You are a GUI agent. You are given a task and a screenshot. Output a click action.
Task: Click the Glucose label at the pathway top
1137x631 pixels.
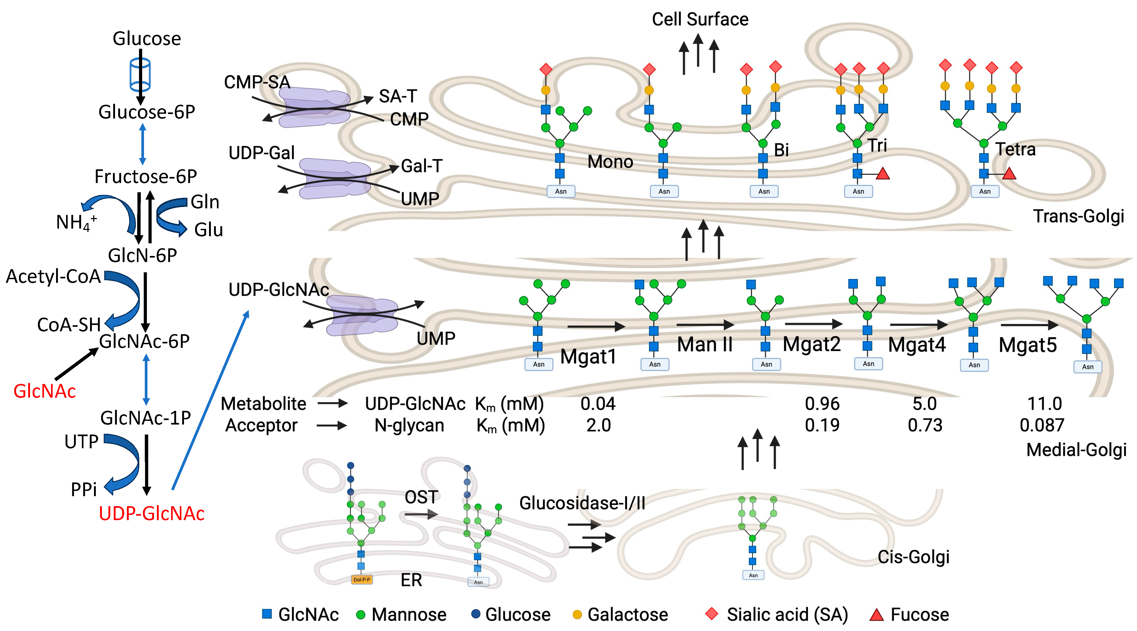(147, 39)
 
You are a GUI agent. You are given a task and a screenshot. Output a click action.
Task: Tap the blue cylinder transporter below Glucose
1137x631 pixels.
(140, 74)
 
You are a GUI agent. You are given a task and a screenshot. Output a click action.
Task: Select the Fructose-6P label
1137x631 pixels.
(146, 177)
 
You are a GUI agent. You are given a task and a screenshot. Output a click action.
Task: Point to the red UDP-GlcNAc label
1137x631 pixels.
(151, 514)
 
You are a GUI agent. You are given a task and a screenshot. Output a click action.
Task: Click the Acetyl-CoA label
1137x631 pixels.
(53, 277)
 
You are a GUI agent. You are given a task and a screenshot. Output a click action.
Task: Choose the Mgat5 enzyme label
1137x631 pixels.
(1027, 345)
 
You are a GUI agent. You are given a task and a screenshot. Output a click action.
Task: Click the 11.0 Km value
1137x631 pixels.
(1044, 404)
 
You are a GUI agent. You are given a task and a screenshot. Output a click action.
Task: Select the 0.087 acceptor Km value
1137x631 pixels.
(1042, 425)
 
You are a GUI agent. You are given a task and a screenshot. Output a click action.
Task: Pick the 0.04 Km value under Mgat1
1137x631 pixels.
(598, 404)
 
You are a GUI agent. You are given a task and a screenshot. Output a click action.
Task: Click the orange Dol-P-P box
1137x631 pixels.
(361, 579)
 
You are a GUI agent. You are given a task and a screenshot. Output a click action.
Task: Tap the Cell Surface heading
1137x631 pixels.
(700, 19)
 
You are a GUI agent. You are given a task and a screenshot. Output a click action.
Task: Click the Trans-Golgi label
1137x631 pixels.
(1078, 216)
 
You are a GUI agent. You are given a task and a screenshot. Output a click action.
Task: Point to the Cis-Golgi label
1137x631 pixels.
(913, 557)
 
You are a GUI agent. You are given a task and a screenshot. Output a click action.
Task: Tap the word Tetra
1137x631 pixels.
(1015, 149)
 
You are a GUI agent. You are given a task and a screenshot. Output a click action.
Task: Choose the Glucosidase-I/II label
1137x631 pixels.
(582, 503)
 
